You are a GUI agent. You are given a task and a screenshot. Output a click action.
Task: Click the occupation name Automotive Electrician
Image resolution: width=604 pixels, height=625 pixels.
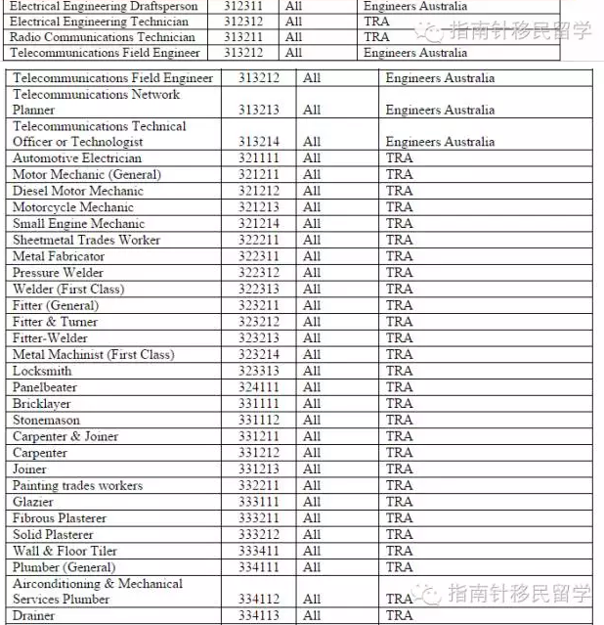77,158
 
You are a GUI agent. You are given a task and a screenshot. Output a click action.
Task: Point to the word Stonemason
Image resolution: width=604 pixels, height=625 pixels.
47,421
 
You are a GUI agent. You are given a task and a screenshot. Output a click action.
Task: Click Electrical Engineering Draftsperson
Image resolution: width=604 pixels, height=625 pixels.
104,6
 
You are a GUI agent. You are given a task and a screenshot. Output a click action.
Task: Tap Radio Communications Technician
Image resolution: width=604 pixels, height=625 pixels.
103,37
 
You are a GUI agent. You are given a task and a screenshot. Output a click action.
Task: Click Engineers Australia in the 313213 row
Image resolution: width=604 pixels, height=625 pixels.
440,111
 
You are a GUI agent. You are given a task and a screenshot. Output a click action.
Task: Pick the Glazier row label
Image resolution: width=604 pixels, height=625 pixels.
34,502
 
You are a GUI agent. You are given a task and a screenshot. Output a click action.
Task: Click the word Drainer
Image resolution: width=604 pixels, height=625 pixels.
34,616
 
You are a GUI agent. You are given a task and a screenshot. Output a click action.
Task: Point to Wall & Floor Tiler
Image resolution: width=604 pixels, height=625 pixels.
65,552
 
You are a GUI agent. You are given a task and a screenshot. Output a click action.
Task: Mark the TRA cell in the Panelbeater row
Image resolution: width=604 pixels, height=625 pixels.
399,387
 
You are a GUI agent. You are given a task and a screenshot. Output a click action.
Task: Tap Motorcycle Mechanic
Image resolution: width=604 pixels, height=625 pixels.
73,207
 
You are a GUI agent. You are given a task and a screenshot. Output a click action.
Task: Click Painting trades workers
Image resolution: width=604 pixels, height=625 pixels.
77,486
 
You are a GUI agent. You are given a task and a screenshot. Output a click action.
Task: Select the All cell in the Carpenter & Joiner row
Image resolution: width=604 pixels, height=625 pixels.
311,437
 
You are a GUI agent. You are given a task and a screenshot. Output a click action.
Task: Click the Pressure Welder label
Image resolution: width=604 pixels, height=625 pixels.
59,273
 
